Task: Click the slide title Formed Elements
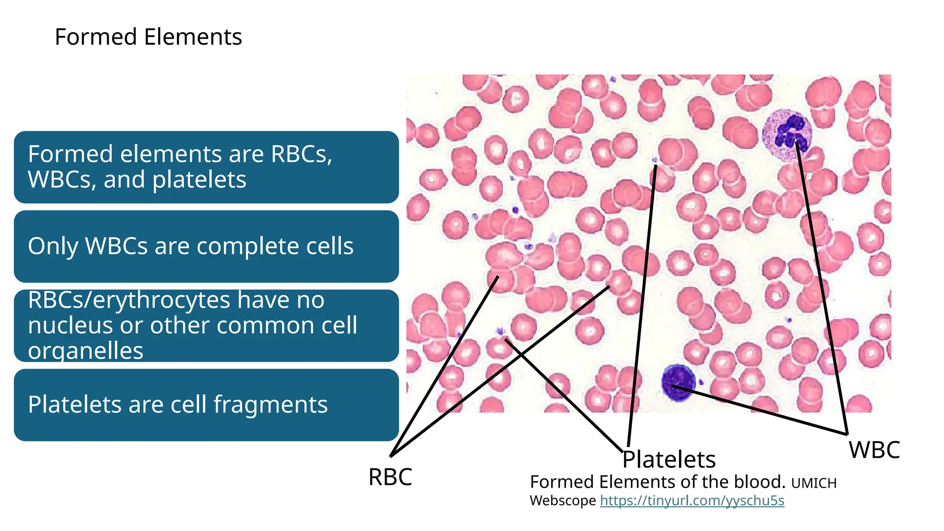point(148,37)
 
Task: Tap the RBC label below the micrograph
point(390,477)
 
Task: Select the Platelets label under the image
point(669,460)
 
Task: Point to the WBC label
point(874,450)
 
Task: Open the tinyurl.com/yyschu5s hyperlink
point(692,501)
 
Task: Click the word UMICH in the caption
point(814,484)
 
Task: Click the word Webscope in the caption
point(562,501)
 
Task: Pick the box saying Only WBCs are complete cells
point(206,247)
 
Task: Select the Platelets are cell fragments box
point(206,405)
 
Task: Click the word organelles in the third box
point(86,351)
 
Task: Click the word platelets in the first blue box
point(199,180)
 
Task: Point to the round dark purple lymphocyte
point(678,382)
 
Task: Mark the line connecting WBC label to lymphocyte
point(761,410)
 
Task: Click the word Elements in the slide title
point(193,37)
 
